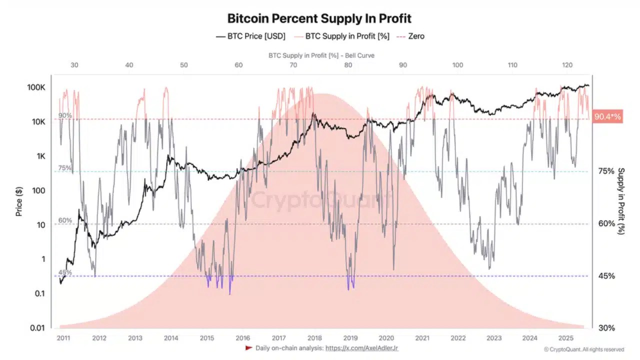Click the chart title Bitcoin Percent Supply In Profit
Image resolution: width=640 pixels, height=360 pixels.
tap(319, 19)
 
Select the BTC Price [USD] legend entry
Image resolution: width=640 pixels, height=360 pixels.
tap(250, 36)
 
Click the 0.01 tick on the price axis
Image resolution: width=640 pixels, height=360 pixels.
tap(37, 328)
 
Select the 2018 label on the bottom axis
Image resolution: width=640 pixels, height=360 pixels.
tap(314, 338)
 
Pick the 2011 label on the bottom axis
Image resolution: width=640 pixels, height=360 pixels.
tap(63, 338)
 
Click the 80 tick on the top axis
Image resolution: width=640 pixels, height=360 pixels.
tap(348, 65)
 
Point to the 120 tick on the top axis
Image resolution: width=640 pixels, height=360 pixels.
tap(567, 65)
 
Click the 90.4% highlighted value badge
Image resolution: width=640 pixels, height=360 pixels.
tap(607, 117)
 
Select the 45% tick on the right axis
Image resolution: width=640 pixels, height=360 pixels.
tap(606, 276)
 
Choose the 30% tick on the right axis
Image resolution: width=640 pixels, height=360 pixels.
tap(606, 328)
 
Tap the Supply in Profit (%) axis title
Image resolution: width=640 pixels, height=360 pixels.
tap(621, 201)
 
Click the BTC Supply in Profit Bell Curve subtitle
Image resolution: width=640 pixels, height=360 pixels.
tap(321, 55)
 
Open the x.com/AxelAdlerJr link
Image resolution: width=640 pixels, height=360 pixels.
tap(361, 348)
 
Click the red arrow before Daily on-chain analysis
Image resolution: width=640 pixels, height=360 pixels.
tap(248, 348)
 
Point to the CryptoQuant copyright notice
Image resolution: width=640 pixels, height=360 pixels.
tap(583, 349)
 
